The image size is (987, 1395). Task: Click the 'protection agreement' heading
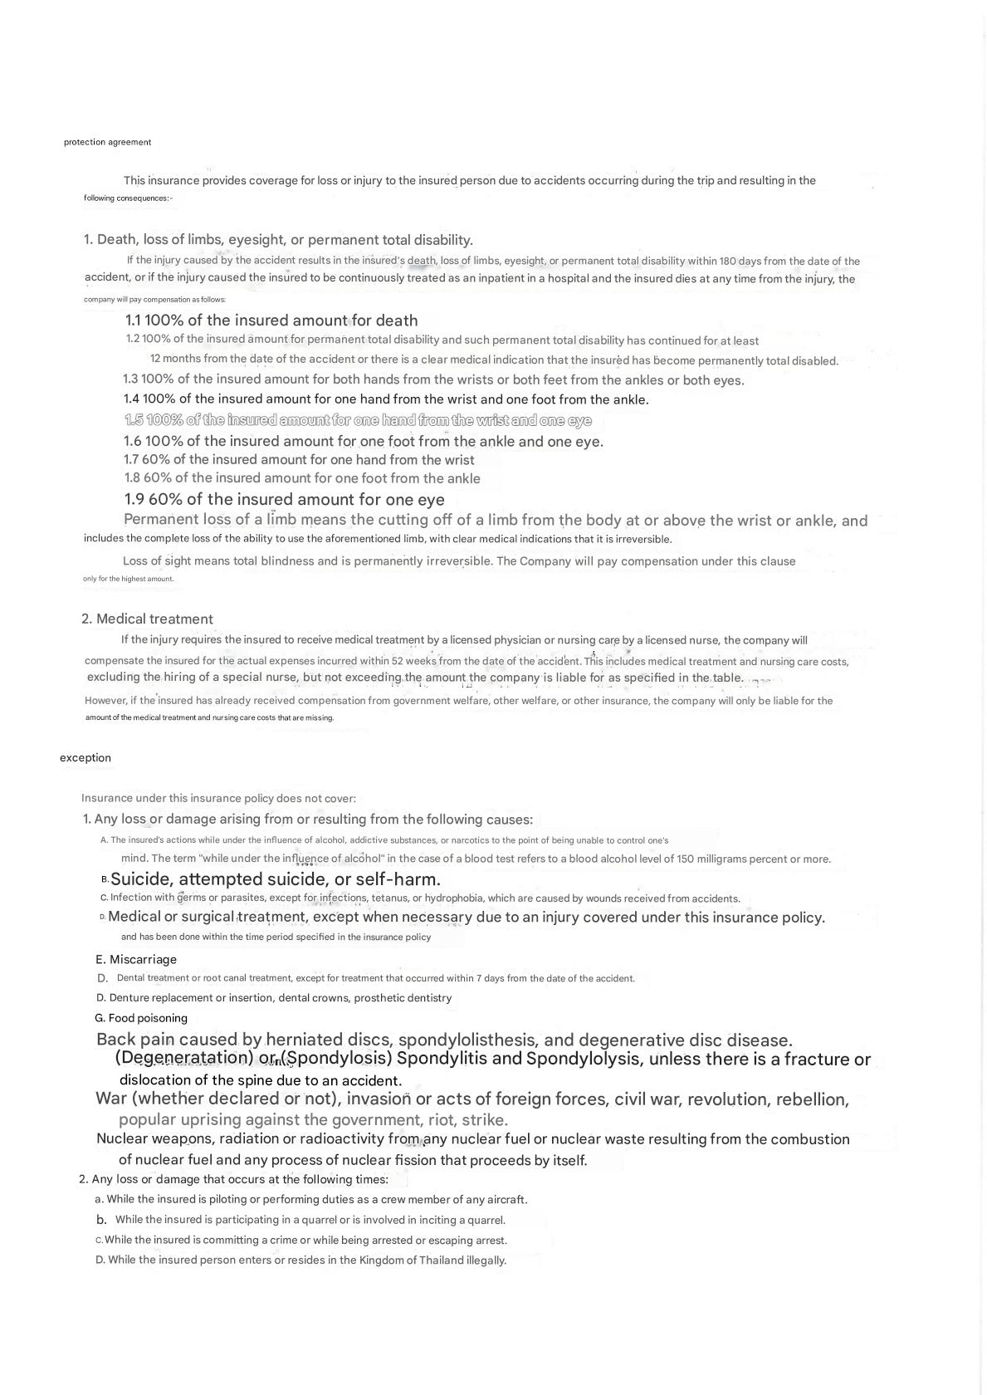pyautogui.click(x=107, y=142)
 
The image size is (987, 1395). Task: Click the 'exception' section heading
pyautogui.click(x=85, y=757)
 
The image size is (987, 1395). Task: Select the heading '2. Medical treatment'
pyautogui.click(x=147, y=619)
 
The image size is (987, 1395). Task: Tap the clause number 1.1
pyautogui.click(x=135, y=321)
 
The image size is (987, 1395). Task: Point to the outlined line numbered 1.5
pyautogui.click(x=358, y=420)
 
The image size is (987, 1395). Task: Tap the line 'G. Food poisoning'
pyautogui.click(x=141, y=1018)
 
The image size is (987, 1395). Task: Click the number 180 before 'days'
pyautogui.click(x=728, y=262)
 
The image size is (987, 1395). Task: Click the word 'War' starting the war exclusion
pyautogui.click(x=111, y=1099)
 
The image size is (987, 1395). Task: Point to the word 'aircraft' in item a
pyautogui.click(x=503, y=1200)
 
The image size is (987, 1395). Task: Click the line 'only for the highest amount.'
pyautogui.click(x=129, y=579)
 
